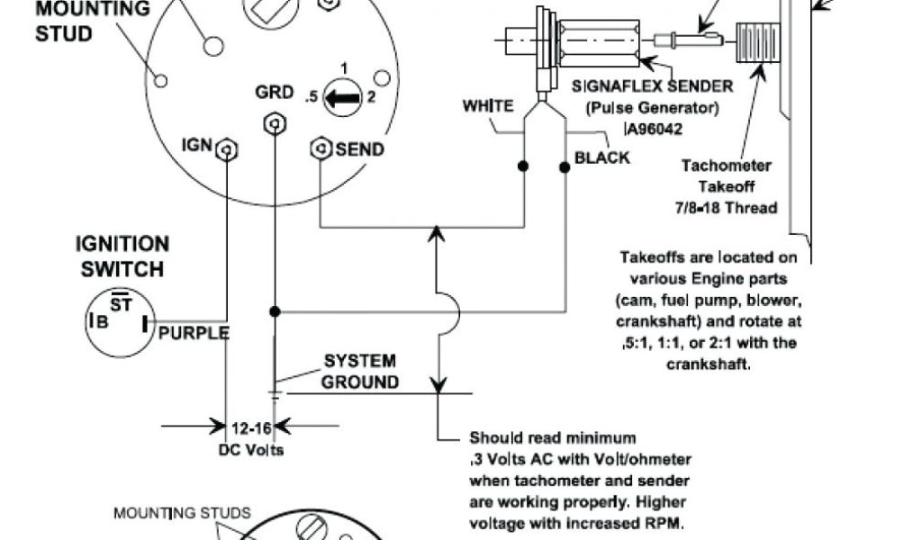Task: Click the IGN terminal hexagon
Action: tap(228, 148)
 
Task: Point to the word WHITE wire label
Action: tap(489, 106)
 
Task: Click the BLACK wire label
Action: tap(602, 158)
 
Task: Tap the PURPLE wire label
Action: tap(194, 333)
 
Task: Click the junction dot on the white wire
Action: tap(523, 166)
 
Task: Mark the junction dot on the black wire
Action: tap(565, 166)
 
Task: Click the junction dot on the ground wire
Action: tap(275, 312)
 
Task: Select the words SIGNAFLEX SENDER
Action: tap(652, 87)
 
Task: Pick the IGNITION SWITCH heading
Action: tap(122, 256)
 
